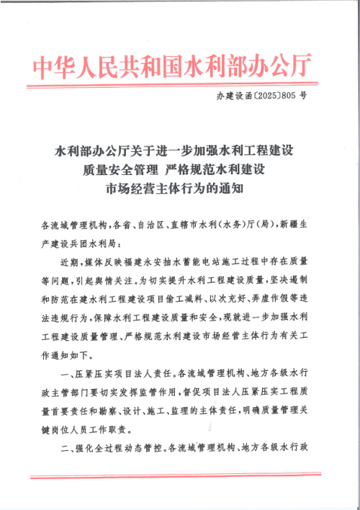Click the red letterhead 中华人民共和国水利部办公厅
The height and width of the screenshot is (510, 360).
click(x=173, y=68)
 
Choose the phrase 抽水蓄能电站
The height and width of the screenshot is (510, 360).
click(x=194, y=262)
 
